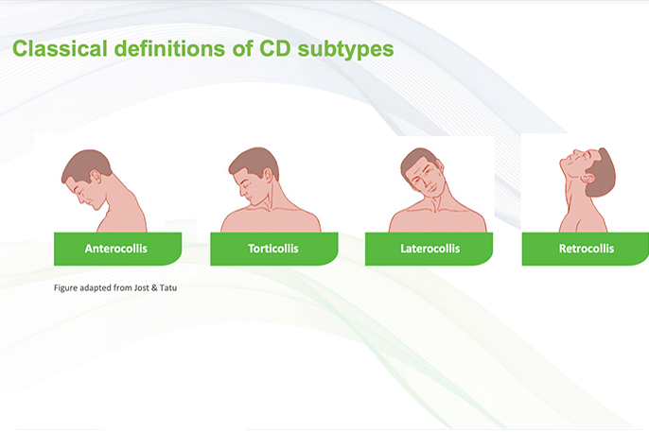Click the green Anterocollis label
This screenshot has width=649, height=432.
coord(116,249)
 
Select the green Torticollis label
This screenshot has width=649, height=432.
coord(273,249)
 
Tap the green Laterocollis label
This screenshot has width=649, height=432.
coord(430,249)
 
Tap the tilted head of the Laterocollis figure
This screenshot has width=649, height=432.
coord(422,173)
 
